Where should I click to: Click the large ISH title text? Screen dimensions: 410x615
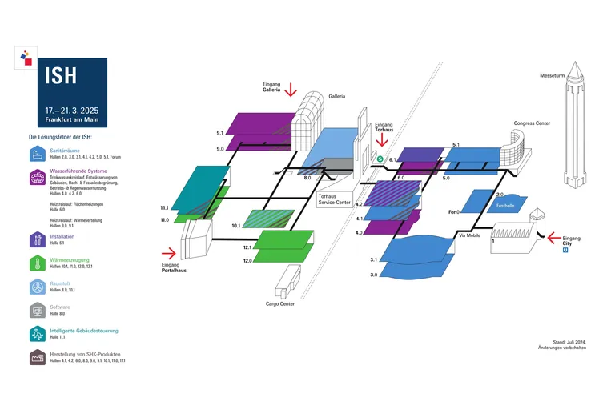coord(61,76)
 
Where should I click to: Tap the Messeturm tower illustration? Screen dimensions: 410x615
coord(575,128)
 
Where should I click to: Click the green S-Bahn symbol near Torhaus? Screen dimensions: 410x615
coord(380,159)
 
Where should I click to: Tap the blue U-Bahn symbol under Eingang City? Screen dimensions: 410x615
coord(567,249)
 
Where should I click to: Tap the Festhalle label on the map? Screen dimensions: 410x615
coord(505,206)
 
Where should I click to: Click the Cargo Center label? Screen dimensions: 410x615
coord(280,303)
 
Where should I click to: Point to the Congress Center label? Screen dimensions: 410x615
coord(532,124)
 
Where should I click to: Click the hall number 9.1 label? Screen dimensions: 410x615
coord(219,132)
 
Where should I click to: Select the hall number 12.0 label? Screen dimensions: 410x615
coord(247,261)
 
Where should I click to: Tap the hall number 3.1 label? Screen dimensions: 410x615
coord(373,260)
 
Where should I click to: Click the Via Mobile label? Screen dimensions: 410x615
coord(468,236)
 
